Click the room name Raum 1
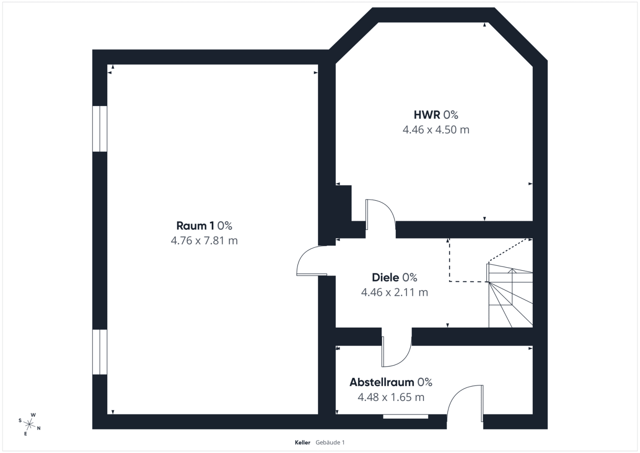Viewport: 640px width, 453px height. (195, 226)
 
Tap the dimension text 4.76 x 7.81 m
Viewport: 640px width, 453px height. (204, 241)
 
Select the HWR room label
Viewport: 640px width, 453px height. (427, 115)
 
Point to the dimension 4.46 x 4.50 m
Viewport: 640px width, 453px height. (436, 130)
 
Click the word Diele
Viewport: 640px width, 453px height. (386, 277)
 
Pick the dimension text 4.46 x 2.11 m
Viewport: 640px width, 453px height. (394, 292)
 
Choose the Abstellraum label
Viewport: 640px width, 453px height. (382, 383)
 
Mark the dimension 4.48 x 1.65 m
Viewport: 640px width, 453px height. (391, 397)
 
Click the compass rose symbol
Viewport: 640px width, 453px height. (29, 424)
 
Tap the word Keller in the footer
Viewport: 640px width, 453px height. (303, 443)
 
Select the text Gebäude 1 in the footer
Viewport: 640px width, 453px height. (330, 443)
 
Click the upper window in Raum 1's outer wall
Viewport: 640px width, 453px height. (100, 129)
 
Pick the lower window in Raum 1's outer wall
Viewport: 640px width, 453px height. (100, 352)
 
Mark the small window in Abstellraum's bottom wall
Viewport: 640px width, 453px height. (405, 417)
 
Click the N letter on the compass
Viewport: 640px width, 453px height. (39, 428)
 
